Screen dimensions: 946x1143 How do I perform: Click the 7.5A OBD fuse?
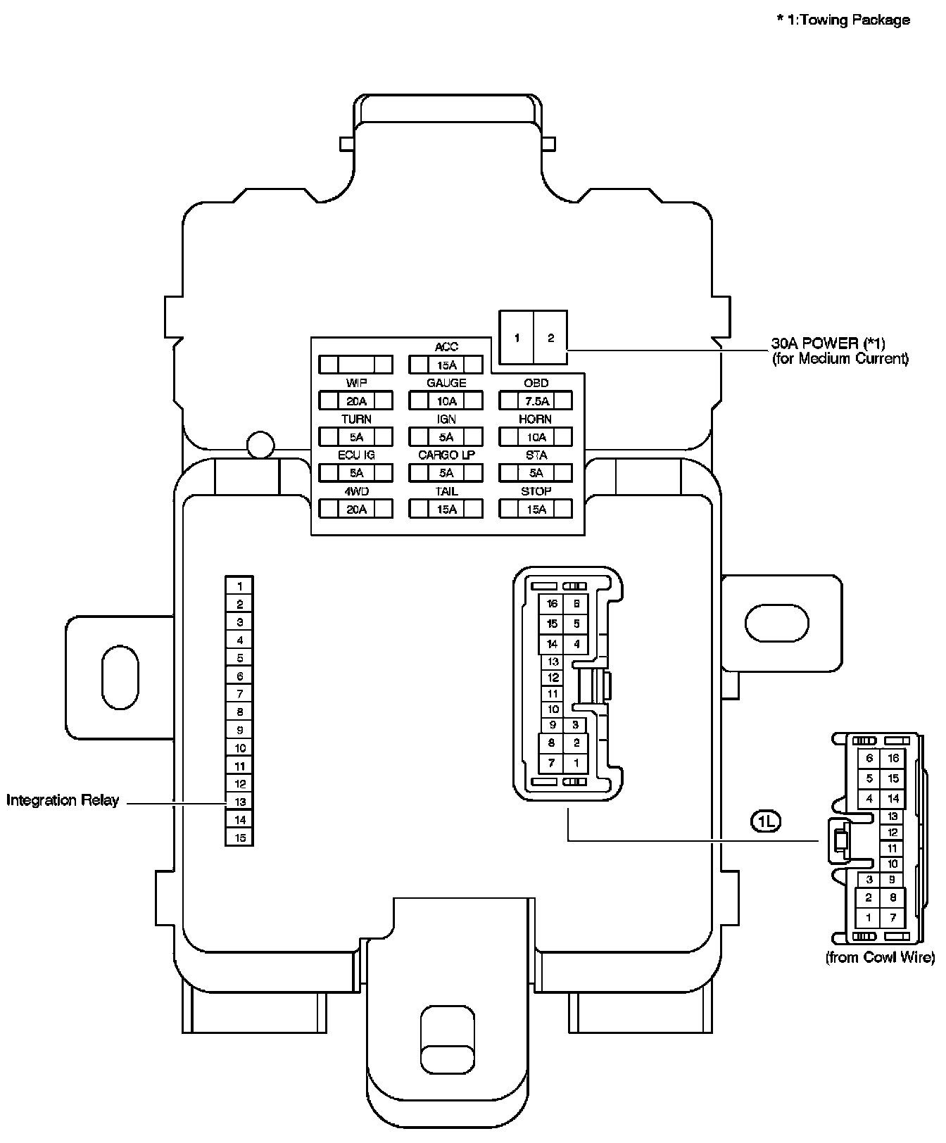coord(536,401)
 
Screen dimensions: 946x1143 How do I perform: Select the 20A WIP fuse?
coord(355,401)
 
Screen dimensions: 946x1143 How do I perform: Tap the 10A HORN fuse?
coord(536,437)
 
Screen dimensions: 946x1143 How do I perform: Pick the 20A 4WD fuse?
coord(355,509)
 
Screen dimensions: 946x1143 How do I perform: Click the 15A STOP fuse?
coord(536,509)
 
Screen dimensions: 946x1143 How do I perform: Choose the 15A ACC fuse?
coord(446,365)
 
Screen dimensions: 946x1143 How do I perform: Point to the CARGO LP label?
coord(446,455)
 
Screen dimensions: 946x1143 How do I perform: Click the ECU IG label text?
coord(356,455)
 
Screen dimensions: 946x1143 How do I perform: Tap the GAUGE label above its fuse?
coord(446,383)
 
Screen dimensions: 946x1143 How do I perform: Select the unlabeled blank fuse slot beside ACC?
coord(355,365)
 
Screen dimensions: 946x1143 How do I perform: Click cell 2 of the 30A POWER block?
coord(550,338)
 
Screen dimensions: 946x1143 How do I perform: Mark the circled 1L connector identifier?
coord(766,820)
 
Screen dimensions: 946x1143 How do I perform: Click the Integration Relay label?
coord(63,800)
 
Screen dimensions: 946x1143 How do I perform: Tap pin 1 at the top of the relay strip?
coord(239,586)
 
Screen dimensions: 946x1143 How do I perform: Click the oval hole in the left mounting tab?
coord(120,677)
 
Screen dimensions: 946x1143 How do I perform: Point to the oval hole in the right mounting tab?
coord(776,623)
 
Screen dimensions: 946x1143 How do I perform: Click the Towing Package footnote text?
coord(843,20)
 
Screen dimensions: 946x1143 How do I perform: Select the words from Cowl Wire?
coord(880,957)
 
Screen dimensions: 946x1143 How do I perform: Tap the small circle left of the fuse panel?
coord(260,444)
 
